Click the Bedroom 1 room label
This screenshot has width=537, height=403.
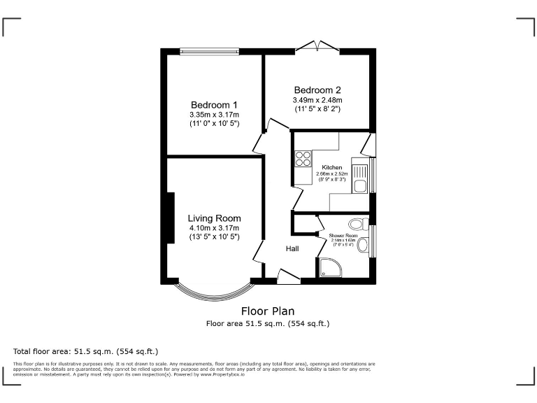(214, 105)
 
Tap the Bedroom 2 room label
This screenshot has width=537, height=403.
(317, 90)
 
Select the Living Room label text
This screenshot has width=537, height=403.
(214, 218)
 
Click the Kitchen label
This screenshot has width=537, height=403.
(332, 168)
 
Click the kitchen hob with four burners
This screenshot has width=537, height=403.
(303, 159)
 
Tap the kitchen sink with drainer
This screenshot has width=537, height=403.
(359, 178)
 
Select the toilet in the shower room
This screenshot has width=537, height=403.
(359, 224)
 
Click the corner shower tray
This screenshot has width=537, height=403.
(329, 267)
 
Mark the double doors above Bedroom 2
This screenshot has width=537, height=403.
(317, 46)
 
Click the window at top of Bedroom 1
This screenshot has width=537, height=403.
(209, 50)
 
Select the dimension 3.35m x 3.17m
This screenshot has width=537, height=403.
(214, 115)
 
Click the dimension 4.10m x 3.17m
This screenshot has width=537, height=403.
(214, 228)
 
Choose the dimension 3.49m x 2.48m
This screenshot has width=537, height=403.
(317, 100)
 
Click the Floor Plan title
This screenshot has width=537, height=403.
(268, 311)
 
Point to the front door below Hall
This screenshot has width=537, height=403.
(289, 278)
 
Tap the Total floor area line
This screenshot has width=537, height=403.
(86, 351)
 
